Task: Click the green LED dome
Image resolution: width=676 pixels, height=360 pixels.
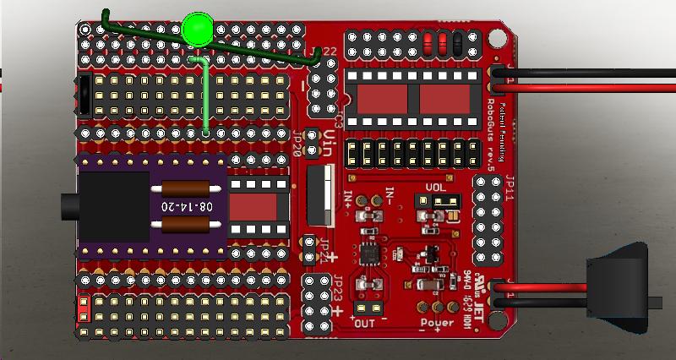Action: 197,30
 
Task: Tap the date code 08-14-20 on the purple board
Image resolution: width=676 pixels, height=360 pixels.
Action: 183,206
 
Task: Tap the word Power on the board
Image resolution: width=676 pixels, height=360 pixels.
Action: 436,322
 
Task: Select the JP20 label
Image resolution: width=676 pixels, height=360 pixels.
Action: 297,146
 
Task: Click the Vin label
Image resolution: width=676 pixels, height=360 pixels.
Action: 330,145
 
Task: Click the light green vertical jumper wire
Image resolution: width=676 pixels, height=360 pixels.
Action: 206,97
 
